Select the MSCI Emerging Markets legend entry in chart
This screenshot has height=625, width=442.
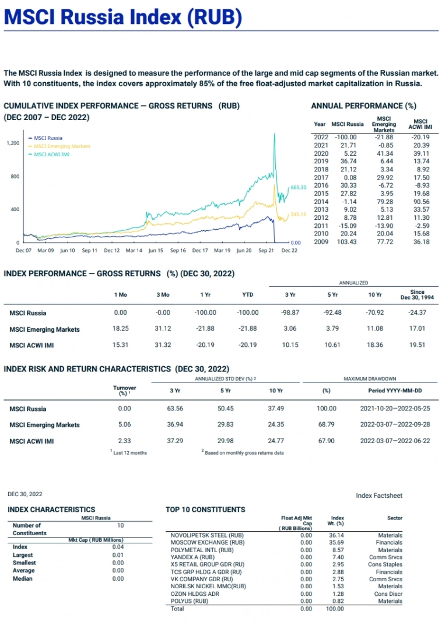pos(62,146)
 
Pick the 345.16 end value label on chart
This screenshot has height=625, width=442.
pos(299,215)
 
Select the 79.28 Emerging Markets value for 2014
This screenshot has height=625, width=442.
pos(384,201)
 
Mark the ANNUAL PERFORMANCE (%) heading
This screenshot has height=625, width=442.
pos(363,106)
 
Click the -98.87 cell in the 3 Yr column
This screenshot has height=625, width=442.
pos(290,313)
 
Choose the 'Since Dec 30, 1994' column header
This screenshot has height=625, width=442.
pos(417,294)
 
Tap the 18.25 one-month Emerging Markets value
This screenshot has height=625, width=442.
pos(121,329)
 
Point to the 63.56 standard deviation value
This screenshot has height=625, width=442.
pos(175,409)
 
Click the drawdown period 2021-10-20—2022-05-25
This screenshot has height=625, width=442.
pos(395,409)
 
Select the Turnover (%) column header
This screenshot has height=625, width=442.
pos(124,390)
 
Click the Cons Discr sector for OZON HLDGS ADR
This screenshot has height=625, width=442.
pos(389,594)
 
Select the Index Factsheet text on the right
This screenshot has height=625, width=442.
pos(379,496)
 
